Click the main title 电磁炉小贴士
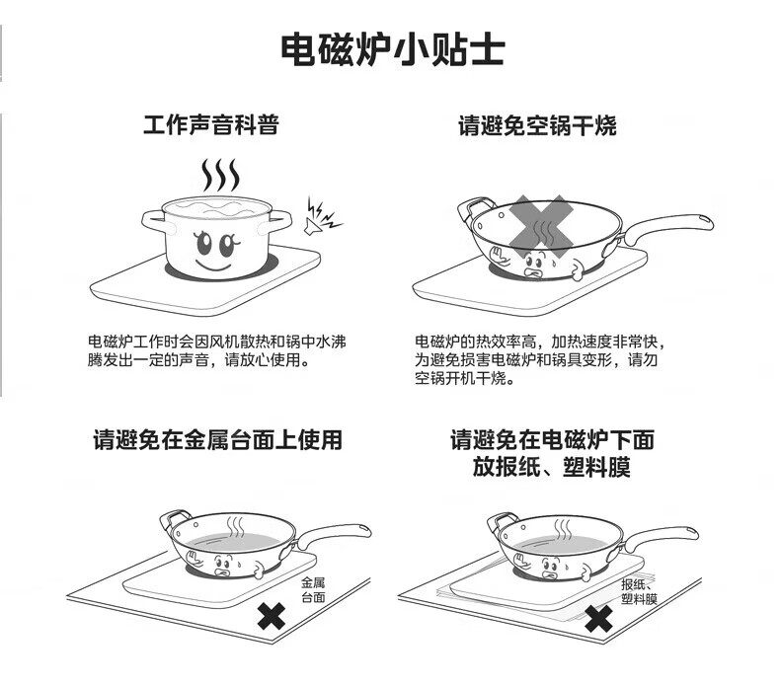(x=393, y=49)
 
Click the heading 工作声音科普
(x=211, y=124)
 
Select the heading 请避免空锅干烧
(x=537, y=125)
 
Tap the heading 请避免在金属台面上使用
(x=217, y=440)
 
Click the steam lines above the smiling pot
(x=220, y=175)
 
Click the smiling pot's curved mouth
(x=214, y=266)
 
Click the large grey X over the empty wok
(x=541, y=227)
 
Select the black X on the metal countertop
(x=272, y=616)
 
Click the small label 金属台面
(x=313, y=589)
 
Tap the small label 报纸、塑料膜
(x=639, y=591)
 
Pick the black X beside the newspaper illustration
(x=598, y=618)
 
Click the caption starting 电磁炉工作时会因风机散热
(x=217, y=350)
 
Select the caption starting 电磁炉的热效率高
(x=540, y=360)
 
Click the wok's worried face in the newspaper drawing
(x=551, y=569)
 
